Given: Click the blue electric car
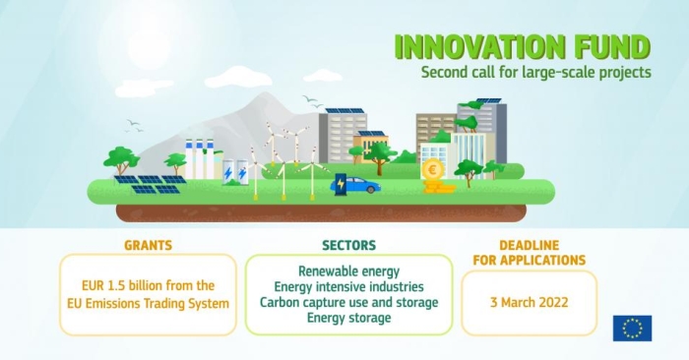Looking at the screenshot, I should coord(361,185).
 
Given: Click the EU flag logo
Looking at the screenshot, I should coord(632,328).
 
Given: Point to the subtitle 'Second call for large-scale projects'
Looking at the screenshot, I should coord(535,72).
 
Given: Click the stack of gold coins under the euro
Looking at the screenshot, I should coord(442,186).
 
